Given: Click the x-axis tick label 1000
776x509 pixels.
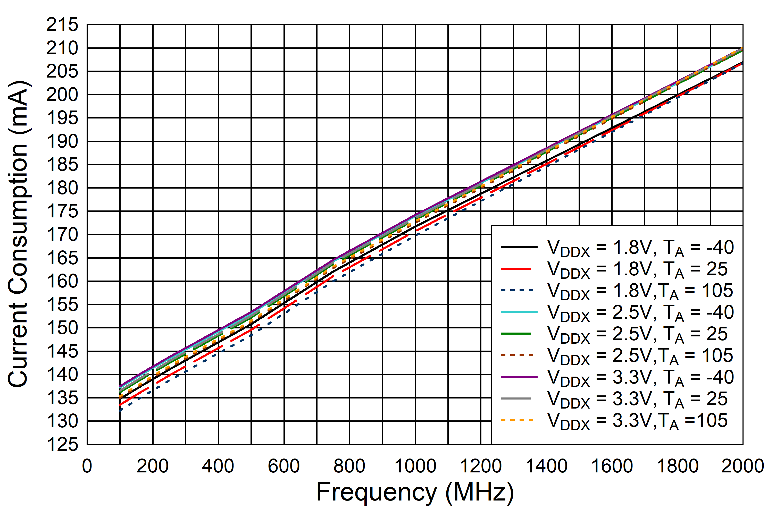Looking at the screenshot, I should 415,466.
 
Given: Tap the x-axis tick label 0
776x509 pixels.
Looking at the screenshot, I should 87,466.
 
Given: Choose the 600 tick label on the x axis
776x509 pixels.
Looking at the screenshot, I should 284,466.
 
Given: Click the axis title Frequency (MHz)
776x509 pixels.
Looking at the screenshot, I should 415,492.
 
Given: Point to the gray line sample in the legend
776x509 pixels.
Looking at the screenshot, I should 516,398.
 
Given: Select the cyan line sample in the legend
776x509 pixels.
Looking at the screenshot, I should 519,312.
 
